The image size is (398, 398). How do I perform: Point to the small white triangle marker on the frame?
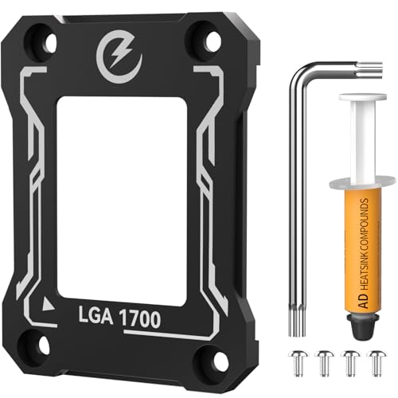49,303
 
